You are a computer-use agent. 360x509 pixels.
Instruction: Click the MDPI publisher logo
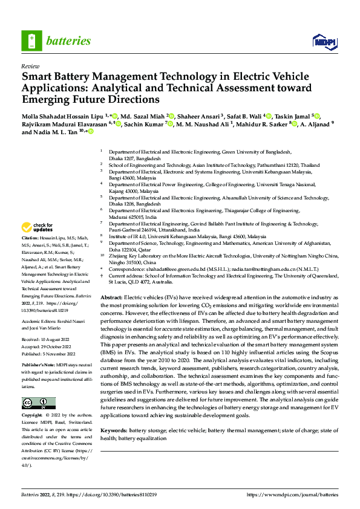[x=324, y=41]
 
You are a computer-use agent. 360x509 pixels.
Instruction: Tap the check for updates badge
[x=38, y=228]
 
